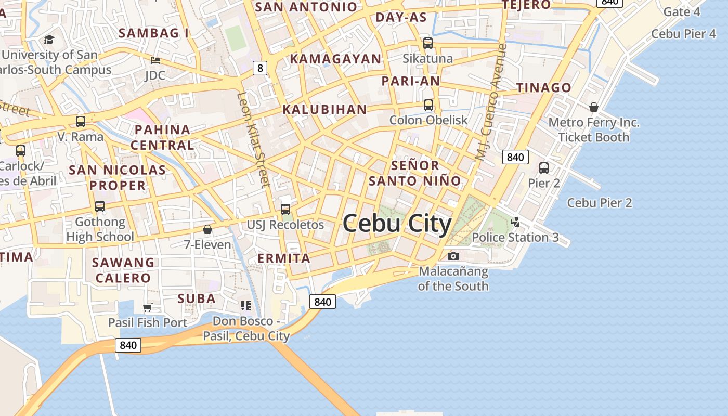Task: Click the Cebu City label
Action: (397, 224)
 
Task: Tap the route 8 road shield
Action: (261, 68)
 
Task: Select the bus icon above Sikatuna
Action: (428, 43)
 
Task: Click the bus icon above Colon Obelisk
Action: (428, 105)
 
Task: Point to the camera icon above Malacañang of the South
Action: (453, 256)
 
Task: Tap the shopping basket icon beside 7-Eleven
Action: (207, 229)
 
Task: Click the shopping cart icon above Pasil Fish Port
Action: (148, 307)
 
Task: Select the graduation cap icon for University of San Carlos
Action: (49, 40)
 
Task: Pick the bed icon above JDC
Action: (155, 60)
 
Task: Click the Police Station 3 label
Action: (515, 238)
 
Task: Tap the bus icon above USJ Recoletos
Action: (285, 210)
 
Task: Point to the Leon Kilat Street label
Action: (254, 139)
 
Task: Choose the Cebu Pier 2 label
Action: (599, 203)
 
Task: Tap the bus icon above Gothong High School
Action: (100, 206)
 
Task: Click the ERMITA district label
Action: (284, 258)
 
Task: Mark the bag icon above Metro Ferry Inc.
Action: (594, 107)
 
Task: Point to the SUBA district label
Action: (197, 298)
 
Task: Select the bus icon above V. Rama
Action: (81, 122)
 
